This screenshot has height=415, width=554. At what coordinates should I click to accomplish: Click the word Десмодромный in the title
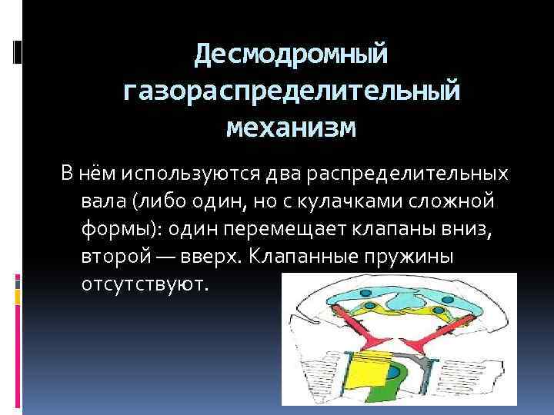(292, 54)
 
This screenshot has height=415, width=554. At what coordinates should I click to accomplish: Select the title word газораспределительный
(292, 91)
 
